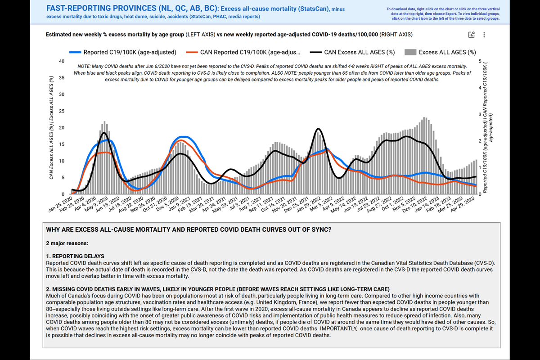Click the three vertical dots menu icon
pos(484,35)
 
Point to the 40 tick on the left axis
pos(61,61)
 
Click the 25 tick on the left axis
pos(61,111)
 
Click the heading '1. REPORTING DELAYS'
pos(75,256)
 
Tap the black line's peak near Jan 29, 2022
pos(319,129)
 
